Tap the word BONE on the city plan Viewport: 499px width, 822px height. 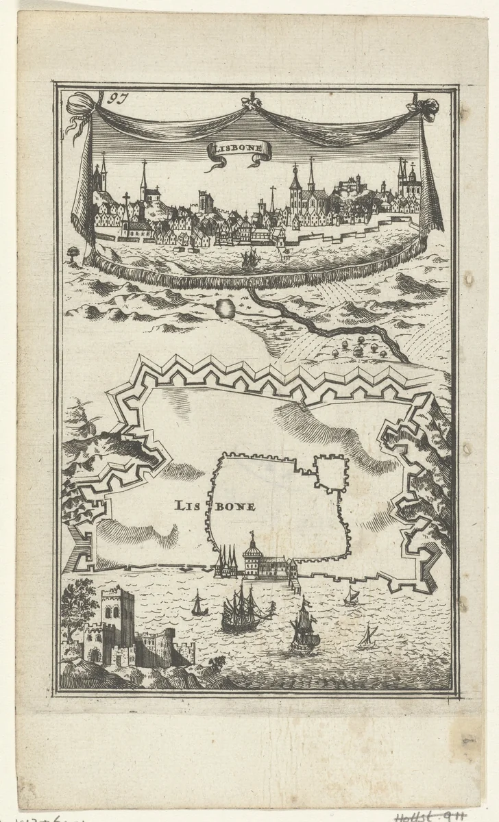[x=236, y=507]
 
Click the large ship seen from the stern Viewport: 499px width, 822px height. [x=304, y=627]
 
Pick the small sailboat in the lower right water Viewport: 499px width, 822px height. [x=366, y=638]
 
